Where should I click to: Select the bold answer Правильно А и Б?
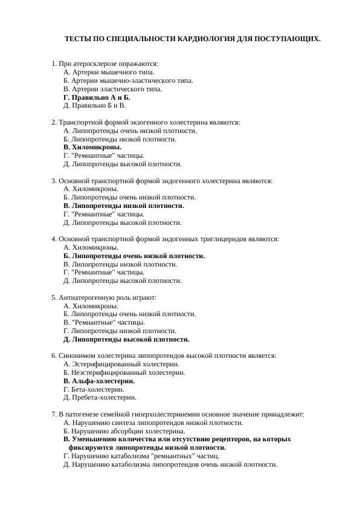tap(97, 97)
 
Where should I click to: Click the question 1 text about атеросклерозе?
tap(105, 63)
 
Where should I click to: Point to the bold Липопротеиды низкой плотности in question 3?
tap(124, 206)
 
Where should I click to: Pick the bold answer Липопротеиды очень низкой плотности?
tap(134, 256)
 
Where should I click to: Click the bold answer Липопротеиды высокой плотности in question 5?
tap(126, 339)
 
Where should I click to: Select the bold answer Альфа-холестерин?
tap(99, 381)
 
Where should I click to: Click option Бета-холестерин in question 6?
tap(94, 389)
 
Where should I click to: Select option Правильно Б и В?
tap(94, 105)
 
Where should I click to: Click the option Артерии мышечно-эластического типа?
tap(128, 80)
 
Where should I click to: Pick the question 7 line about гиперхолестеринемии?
tap(178, 414)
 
